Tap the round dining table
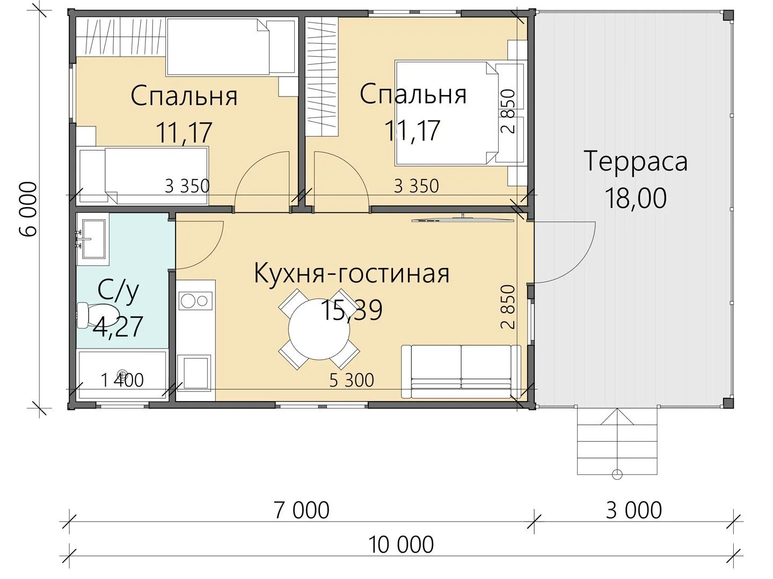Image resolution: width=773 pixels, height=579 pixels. (319, 329)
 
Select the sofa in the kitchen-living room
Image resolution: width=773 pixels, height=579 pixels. (461, 371)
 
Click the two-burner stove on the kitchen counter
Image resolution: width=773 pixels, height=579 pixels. (196, 301)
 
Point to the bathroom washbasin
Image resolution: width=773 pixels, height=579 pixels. (92, 239)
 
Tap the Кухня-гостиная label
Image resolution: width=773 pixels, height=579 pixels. (352, 274)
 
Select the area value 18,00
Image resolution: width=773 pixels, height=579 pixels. (636, 198)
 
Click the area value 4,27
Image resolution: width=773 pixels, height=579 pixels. (118, 326)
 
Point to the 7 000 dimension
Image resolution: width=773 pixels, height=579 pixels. (302, 510)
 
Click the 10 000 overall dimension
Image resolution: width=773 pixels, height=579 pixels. (401, 545)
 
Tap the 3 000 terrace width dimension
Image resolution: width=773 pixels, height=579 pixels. (634, 510)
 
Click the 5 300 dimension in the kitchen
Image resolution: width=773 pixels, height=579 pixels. (352, 380)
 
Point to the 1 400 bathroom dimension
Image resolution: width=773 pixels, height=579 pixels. (122, 380)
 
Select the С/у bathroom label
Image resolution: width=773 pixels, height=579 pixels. (118, 293)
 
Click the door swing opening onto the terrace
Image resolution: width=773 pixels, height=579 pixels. (565, 252)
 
